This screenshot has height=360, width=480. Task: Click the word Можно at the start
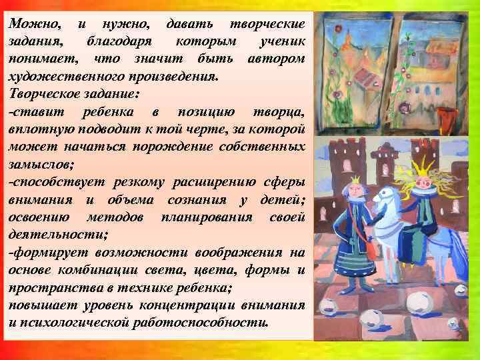point(33,23)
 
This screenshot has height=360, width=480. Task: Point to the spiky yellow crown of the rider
point(425,157)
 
